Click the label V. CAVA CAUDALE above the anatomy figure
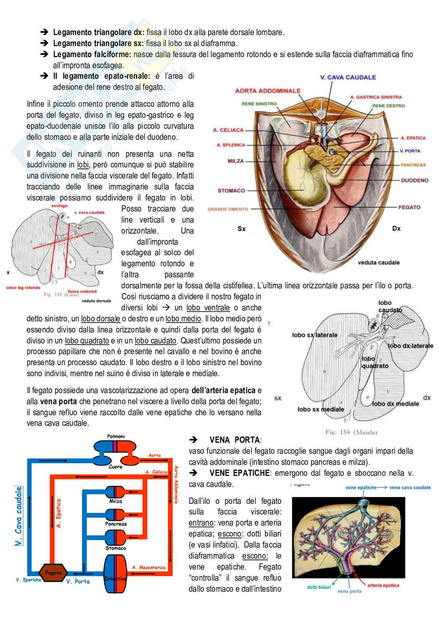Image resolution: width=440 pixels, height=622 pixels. coord(348,77)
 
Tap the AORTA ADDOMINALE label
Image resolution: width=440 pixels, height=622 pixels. coord(268,91)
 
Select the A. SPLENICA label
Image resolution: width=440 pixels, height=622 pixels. coord(231,145)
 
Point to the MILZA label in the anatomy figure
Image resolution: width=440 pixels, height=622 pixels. coord(236,161)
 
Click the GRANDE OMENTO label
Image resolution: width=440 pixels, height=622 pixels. coord(228,209)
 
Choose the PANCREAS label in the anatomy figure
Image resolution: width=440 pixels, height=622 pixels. coord(413,165)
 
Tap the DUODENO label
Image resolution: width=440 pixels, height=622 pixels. coord(415,180)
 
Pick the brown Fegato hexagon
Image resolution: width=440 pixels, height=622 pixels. coord(53,572)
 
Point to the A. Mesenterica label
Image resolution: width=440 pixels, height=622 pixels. coord(149,568)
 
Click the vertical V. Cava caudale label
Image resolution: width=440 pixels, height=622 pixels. coord(18,516)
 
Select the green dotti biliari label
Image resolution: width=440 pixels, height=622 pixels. coord(319,587)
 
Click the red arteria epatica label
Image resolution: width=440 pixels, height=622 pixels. coord(383,585)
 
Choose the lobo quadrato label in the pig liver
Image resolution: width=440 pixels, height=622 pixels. coord(375,362)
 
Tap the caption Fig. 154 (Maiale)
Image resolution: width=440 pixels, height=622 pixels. coord(351,432)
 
